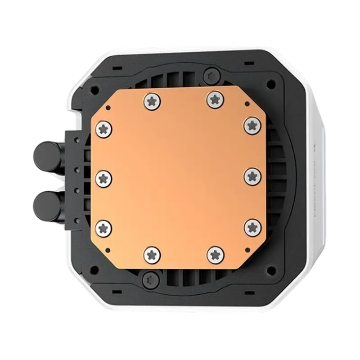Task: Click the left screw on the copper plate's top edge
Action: [x=152, y=100]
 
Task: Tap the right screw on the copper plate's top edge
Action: [x=215, y=99]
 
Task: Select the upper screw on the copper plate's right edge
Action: [x=252, y=125]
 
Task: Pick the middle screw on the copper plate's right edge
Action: [x=252, y=176]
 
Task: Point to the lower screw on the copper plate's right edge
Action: [x=252, y=227]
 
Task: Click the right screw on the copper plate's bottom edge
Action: [x=215, y=255]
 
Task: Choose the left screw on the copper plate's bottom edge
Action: [x=152, y=255]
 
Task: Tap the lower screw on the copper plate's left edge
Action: [x=104, y=228]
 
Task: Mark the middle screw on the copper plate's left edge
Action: [x=104, y=179]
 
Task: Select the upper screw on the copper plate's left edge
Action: [x=104, y=130]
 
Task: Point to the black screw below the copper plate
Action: [x=150, y=279]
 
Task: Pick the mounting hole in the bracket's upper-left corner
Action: [x=94, y=90]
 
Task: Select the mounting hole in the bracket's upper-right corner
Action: [x=270, y=84]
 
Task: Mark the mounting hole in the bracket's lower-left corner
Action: [x=94, y=270]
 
